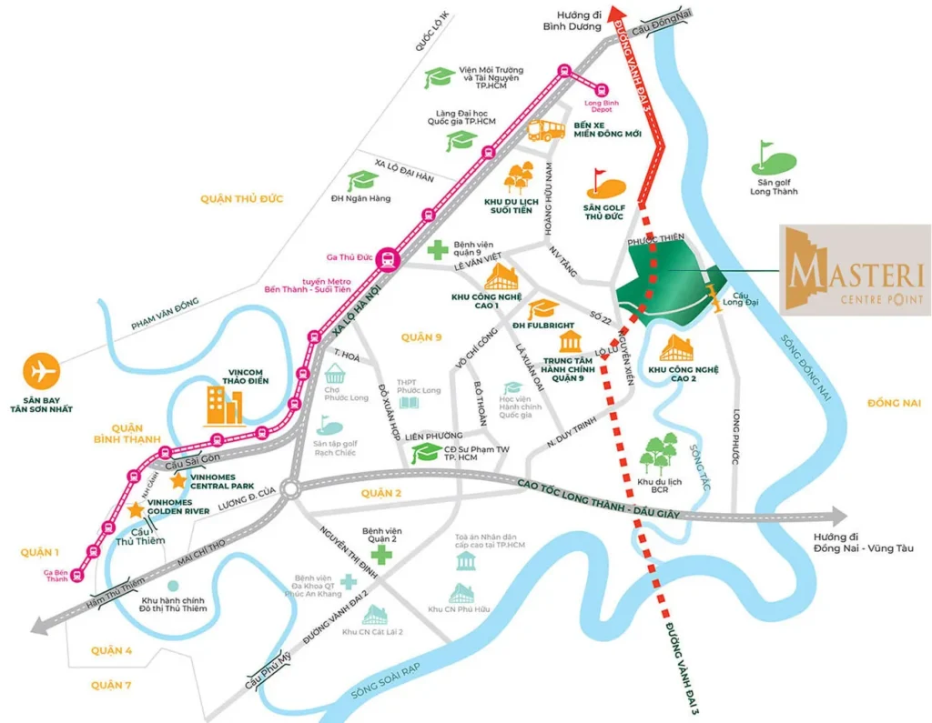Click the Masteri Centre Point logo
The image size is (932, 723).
point(855,270)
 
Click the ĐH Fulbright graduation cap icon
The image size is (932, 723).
point(544,310)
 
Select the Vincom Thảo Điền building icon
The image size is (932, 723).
point(220,406)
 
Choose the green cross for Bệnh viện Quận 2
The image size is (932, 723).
point(380,554)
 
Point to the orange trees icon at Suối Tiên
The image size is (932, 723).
point(520,176)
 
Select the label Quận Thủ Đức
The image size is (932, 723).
point(242,198)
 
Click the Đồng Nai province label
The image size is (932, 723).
point(895,402)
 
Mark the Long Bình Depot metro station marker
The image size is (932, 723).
point(602,89)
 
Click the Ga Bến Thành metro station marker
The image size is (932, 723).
point(78,574)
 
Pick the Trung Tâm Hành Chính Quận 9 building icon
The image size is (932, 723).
point(571,343)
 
